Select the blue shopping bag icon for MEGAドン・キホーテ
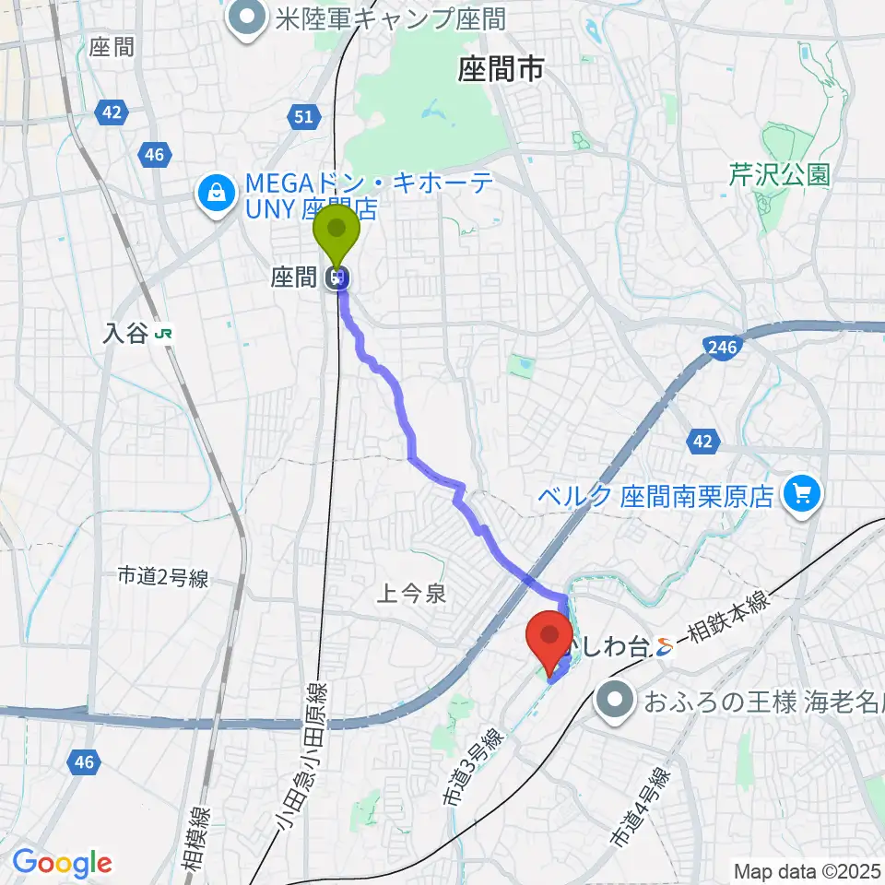[x=215, y=193]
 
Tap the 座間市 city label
[x=501, y=69]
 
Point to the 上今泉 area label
[x=412, y=595]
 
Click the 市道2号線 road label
[x=163, y=578]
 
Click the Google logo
[x=62, y=863]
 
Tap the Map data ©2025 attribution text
[x=807, y=869]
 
